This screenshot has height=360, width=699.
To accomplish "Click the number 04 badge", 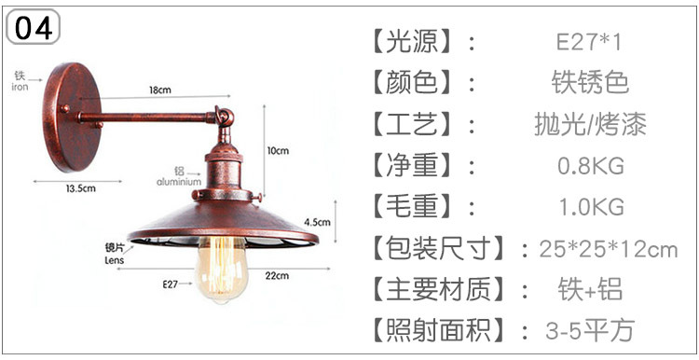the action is pyautogui.click(x=33, y=27).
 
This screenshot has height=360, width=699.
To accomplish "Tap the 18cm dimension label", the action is pyautogui.click(x=160, y=90).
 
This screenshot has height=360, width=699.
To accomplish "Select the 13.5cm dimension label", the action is pyautogui.click(x=81, y=188).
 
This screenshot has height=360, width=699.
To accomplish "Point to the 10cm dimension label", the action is pyautogui.click(x=278, y=151).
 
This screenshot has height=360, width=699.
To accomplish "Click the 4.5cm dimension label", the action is pyautogui.click(x=318, y=222).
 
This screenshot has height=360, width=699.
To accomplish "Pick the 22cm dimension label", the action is pyautogui.click(x=277, y=276).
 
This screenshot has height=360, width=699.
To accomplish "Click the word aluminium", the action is pyautogui.click(x=179, y=182).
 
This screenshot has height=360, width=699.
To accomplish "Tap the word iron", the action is pyautogui.click(x=20, y=87).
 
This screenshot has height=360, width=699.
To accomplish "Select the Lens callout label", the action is pyautogui.click(x=114, y=260).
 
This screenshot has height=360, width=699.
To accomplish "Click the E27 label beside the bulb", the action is pyautogui.click(x=171, y=284).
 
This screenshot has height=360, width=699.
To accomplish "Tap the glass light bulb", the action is pyautogui.click(x=221, y=270).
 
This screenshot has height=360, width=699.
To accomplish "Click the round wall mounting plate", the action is pyautogui.click(x=72, y=118).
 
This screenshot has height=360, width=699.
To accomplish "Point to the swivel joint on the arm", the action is pyautogui.click(x=225, y=117).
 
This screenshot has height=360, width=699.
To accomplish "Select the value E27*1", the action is pyautogui.click(x=588, y=43).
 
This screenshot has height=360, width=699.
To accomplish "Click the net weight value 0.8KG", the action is pyautogui.click(x=591, y=166).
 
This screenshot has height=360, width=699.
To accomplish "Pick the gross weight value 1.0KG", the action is pyautogui.click(x=591, y=207).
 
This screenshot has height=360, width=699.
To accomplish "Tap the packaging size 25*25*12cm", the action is pyautogui.click(x=609, y=249).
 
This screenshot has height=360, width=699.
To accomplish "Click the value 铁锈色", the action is pyautogui.click(x=590, y=83).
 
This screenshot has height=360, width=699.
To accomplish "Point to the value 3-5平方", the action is pyautogui.click(x=590, y=330).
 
